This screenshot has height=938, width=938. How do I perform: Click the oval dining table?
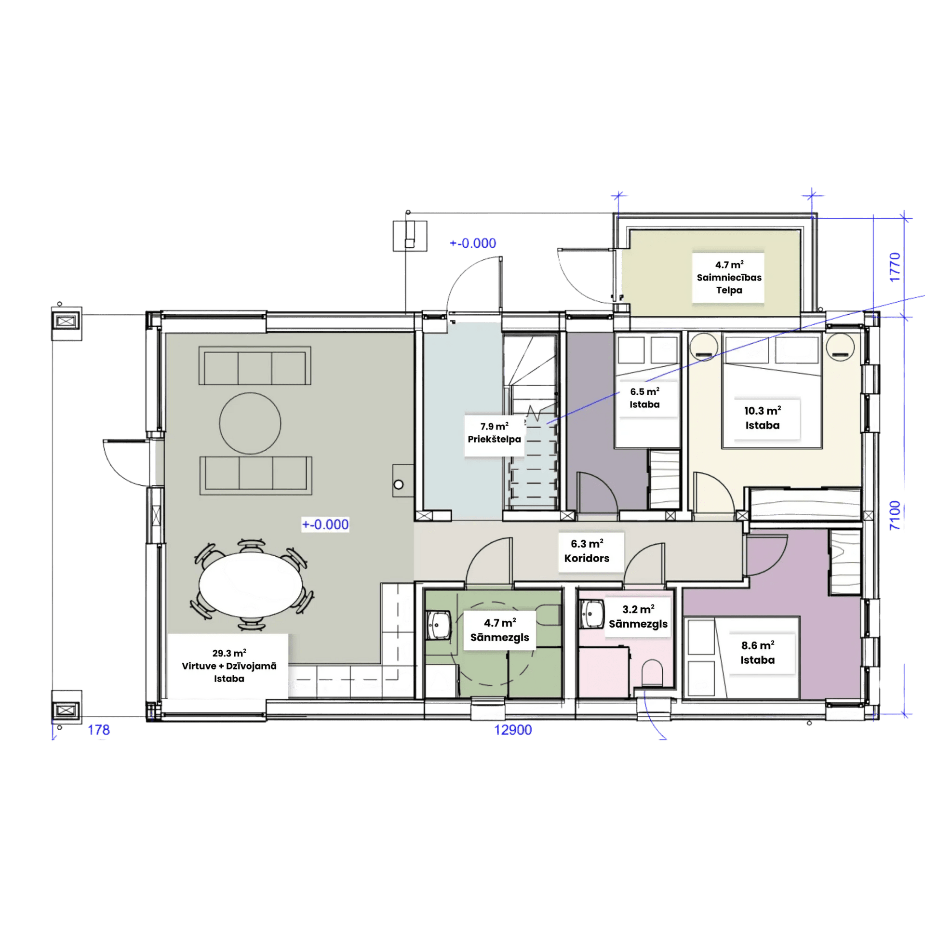pos(251,585)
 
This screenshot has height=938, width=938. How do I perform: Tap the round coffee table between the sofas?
pos(250,423)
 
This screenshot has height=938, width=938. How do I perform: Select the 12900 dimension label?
pos(513,730)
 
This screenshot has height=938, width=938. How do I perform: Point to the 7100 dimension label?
pos(895,515)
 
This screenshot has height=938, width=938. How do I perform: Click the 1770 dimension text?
pos(895,267)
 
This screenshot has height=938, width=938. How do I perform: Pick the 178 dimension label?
pos(98,730)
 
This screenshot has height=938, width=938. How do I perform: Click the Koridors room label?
pos(587,558)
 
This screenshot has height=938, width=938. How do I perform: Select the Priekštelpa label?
pos(494,439)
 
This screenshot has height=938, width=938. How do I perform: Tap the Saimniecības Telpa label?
pos(729,283)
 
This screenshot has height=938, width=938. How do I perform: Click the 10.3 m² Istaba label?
pos(762,417)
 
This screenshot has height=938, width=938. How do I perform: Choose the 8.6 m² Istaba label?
pos(757,652)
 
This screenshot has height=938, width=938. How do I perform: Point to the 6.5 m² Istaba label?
pos(645,398)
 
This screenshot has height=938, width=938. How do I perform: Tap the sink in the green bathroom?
pos(439,624)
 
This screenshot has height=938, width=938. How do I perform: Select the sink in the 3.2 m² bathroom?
pos(592,614)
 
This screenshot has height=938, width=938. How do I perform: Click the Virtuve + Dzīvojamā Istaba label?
pos(229,672)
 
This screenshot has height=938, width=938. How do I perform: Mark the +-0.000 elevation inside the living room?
pos(325,524)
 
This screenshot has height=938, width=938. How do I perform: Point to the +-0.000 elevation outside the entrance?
pos(473,243)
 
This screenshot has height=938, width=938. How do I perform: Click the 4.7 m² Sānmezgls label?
pos(499,630)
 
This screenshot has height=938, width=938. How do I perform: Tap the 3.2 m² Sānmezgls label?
pos(638,616)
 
